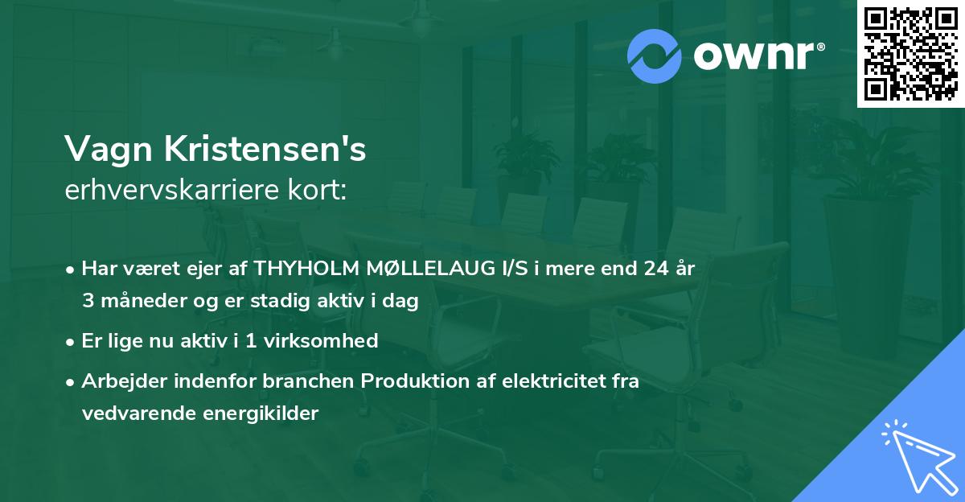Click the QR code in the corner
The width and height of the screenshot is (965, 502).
point(911,54)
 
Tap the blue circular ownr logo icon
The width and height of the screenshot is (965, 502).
point(655,55)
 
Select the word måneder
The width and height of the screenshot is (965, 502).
point(136,301)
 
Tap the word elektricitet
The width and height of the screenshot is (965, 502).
point(544,381)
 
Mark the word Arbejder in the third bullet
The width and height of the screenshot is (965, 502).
point(118,381)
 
